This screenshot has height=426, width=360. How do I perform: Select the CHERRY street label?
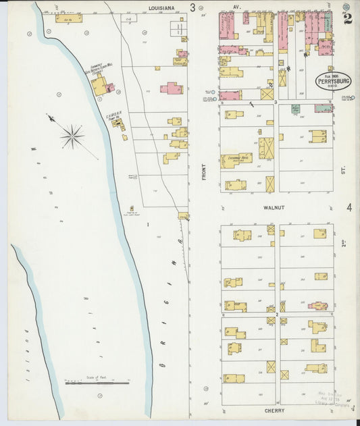[x=274, y=410]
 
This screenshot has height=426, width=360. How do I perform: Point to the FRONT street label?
[x=203, y=171]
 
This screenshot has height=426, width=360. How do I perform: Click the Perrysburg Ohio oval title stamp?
[x=332, y=82]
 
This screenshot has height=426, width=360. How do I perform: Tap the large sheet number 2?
[x=347, y=18]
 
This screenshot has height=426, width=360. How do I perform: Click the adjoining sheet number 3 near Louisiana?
[x=192, y=8]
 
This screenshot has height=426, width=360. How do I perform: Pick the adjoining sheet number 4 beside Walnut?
[x=349, y=208]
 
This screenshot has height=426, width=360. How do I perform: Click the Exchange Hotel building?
[x=236, y=160]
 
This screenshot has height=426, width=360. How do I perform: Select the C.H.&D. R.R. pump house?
[x=116, y=124]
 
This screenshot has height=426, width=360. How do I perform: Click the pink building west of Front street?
[x=172, y=88]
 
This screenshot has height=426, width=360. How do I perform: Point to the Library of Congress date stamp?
[x=329, y=398]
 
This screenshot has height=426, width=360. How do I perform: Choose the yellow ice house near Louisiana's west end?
[x=68, y=18]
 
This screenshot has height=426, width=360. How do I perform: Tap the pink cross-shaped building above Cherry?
[x=317, y=306]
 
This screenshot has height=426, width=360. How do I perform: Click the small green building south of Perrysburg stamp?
[x=295, y=108]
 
